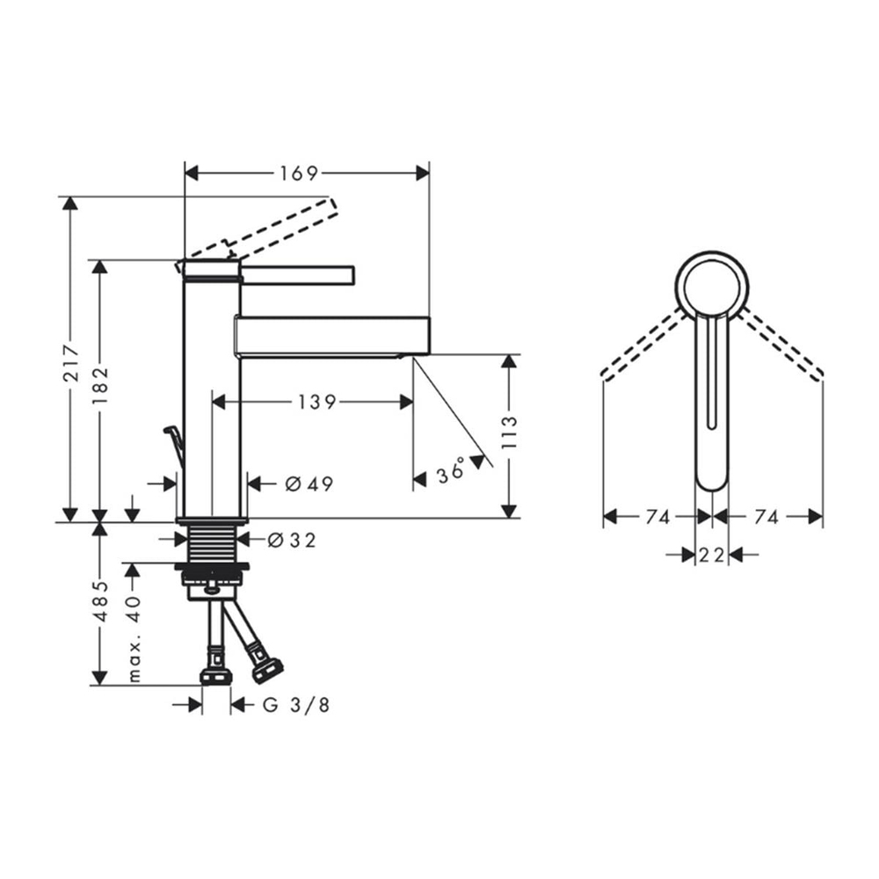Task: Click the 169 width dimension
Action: tap(299, 173)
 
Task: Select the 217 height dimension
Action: tap(71, 363)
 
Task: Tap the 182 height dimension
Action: tap(100, 387)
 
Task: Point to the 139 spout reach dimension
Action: tap(316, 402)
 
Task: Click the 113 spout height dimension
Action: tap(509, 432)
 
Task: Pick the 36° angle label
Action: tap(450, 472)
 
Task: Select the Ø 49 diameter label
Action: tap(309, 483)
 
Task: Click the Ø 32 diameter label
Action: tap(292, 540)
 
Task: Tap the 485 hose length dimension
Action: tap(100, 601)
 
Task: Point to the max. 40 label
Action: tap(134, 639)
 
